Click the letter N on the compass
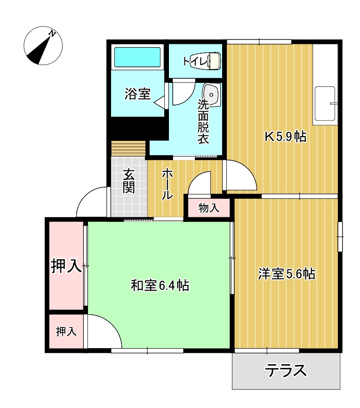click(x=53, y=33)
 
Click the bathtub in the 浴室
click(x=137, y=57)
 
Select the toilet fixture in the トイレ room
click(x=206, y=61)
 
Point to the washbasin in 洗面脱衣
click(x=212, y=95)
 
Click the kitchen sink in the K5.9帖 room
click(x=325, y=104)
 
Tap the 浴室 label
click(x=137, y=94)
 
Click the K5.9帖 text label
click(x=285, y=137)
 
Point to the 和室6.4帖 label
click(x=160, y=285)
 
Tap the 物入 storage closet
click(x=209, y=208)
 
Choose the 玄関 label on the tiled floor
click(x=128, y=181)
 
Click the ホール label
click(x=167, y=184)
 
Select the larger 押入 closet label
click(x=66, y=266)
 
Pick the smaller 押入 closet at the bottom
click(x=66, y=331)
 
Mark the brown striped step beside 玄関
click(x=128, y=148)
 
